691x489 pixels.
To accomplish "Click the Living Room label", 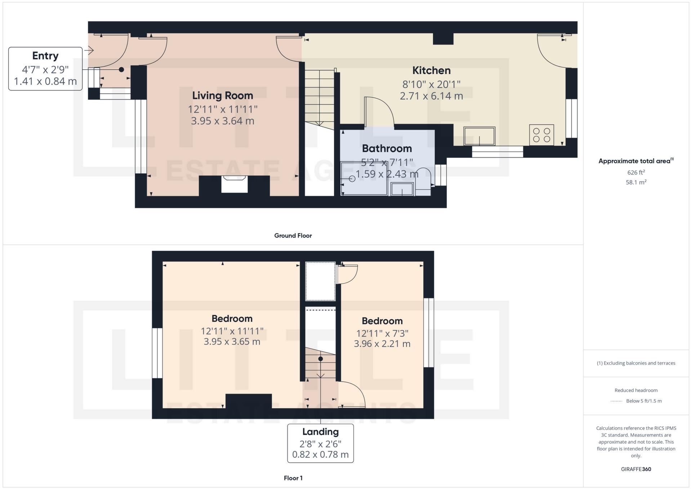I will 222,95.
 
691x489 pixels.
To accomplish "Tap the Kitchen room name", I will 431,70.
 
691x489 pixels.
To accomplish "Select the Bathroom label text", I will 387,148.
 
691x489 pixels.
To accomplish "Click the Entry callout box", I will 45,68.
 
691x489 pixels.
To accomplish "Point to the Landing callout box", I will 320,443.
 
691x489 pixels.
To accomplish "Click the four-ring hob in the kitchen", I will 541,135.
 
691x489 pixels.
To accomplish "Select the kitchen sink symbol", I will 479,136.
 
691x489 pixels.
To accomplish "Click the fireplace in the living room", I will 234,184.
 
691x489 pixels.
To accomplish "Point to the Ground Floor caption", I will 293,236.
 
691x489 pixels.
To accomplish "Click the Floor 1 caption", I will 293,478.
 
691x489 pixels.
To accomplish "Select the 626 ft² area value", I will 636,173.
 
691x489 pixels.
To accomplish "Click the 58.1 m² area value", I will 636,182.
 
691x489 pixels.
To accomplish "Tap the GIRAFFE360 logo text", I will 636,469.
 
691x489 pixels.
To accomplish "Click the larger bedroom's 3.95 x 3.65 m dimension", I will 232,342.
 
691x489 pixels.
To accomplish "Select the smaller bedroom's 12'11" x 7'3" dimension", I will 382,333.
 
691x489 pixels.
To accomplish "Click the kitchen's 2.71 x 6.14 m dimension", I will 431,96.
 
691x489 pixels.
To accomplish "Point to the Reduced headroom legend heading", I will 636,390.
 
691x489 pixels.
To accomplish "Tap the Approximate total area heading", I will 636,161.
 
